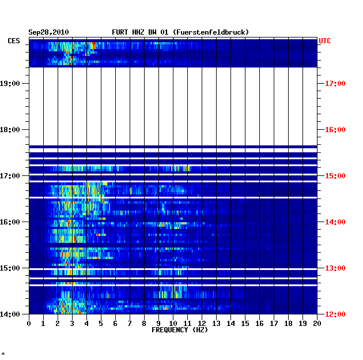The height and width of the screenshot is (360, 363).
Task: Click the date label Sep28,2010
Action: click(48, 32)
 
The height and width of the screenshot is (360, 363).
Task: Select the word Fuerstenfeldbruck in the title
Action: click(211, 32)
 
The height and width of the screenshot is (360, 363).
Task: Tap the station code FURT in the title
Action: click(120, 32)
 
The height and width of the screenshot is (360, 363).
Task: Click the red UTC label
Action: click(325, 41)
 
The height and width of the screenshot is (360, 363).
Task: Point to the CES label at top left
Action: click(14, 41)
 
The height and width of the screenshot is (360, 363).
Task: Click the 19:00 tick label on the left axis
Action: click(10, 84)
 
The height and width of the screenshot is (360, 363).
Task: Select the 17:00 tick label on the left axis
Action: click(10, 176)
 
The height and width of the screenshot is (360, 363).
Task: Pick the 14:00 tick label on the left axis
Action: click(10, 314)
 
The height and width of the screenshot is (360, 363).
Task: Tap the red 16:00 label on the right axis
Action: click(335, 130)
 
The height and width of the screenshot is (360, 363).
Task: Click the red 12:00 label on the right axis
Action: click(335, 314)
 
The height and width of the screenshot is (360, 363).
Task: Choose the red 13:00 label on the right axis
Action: click(335, 268)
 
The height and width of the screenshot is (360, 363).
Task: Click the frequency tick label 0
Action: click(29, 324)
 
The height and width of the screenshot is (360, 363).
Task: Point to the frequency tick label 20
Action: click(317, 324)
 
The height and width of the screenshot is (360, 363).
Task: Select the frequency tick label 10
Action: click(173, 324)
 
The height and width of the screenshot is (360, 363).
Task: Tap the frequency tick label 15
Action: click(245, 324)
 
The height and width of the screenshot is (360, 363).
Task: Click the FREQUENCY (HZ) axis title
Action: click(180, 330)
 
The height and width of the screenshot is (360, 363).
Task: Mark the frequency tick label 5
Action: click(101, 324)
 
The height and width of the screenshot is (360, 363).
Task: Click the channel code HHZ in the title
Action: click(138, 32)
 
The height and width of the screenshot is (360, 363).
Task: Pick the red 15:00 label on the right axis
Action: click(335, 176)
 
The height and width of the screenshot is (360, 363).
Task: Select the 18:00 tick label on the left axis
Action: click(10, 130)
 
